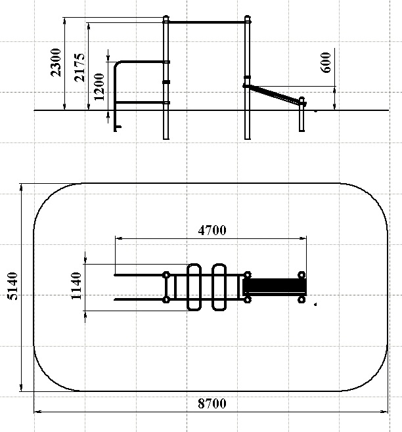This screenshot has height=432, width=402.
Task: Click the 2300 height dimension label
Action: point(56,62)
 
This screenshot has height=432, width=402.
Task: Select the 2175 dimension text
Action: point(79,68)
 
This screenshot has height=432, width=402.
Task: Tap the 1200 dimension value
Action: point(99,87)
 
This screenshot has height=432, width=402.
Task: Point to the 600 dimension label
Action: point(326,62)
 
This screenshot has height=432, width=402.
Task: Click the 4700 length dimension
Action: point(212,230)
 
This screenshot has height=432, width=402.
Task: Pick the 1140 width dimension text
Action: point(76,286)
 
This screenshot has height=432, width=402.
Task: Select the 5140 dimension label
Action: point(12,286)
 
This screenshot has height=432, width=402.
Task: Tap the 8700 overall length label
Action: point(212,403)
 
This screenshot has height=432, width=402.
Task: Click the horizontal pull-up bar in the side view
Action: point(206,22)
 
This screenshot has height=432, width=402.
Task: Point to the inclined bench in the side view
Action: point(275,95)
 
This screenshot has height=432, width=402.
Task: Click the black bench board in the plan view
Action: point(275,286)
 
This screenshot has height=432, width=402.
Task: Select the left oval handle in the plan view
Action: point(194,287)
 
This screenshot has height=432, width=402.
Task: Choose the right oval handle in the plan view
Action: point(219,287)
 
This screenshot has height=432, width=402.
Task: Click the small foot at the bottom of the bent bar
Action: point(118,128)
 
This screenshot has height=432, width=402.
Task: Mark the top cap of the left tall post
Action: point(166,18)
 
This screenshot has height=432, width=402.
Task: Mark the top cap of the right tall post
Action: point(248,18)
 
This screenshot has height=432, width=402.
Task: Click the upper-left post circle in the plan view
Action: point(166,275)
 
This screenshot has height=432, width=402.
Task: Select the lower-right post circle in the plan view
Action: point(301,299)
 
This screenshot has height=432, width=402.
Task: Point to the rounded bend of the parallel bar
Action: point(117,64)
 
